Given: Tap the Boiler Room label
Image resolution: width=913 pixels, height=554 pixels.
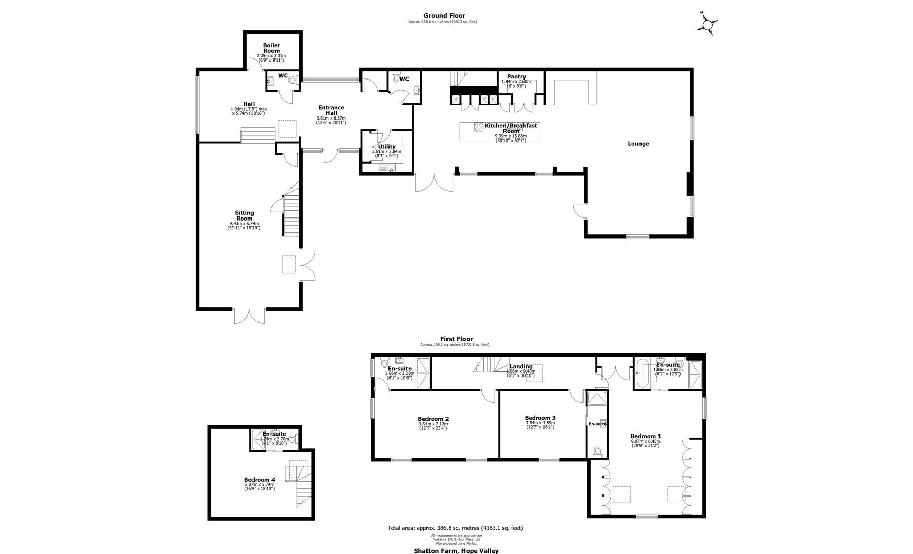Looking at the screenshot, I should [x=271, y=48].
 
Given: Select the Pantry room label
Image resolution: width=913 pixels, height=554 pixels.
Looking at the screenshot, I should [x=516, y=77].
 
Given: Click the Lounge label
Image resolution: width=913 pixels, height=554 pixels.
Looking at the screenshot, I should [x=638, y=144].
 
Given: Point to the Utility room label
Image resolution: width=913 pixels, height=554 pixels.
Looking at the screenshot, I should [x=386, y=147].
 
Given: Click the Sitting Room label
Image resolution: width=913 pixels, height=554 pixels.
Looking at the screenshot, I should [x=244, y=215].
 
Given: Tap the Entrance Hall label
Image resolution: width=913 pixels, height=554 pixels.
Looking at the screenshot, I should [x=331, y=110].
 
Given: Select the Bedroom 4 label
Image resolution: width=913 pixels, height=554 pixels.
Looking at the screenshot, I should [x=260, y=480].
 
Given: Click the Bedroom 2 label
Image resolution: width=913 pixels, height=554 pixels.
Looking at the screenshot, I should [x=433, y=418].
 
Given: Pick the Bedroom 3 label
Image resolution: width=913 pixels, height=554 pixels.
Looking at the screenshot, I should [x=540, y=418].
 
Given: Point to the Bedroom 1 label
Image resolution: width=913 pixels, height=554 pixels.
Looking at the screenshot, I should [x=646, y=436].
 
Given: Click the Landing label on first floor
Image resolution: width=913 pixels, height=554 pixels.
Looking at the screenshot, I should [x=520, y=366].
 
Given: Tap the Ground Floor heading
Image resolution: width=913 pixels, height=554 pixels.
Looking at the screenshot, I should [x=444, y=16].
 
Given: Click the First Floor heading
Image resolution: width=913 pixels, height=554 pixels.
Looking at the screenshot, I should [x=456, y=339].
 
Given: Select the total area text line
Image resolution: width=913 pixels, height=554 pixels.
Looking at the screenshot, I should [x=455, y=528].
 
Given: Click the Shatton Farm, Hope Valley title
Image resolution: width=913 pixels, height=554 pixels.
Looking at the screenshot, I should [x=456, y=551].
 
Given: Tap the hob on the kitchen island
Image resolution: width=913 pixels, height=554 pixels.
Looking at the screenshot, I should [x=478, y=127].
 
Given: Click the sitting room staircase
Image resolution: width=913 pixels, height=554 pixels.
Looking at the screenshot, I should [x=291, y=215].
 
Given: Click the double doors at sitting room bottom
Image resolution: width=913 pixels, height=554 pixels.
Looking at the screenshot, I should [x=250, y=315].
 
